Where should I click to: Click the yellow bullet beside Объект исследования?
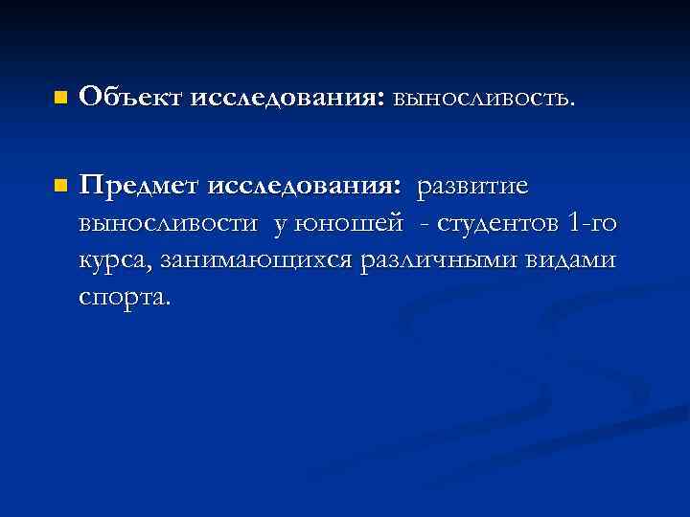coord(60,98)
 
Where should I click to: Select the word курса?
coord(117,261)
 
